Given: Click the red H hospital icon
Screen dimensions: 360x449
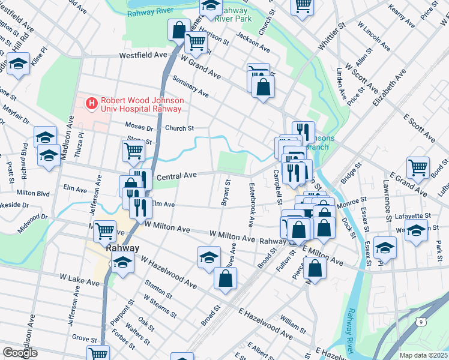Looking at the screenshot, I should point(92,104).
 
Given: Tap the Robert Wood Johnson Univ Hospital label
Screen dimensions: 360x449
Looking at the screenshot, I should point(141,104).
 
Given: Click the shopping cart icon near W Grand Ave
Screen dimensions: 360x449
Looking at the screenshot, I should point(196,43).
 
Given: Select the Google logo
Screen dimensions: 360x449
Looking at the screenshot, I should point(20,352).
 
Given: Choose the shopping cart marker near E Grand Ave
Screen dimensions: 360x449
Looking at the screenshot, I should point(418,167).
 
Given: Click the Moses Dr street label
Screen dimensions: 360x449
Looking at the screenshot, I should point(139,127).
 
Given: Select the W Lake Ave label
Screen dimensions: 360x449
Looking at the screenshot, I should point(79,281).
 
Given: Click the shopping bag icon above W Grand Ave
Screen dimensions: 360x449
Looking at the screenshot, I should point(179,29).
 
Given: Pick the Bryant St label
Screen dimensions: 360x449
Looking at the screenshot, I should point(226,192).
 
